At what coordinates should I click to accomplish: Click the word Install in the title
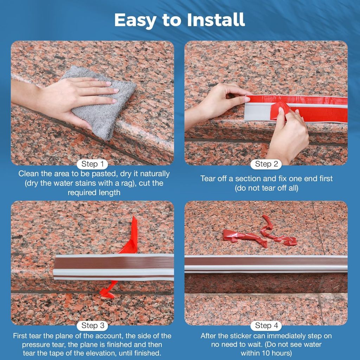(216, 20)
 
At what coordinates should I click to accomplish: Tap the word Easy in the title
(135, 21)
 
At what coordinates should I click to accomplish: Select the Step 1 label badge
(92, 164)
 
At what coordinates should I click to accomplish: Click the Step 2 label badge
(266, 164)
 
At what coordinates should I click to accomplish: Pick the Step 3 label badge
(92, 325)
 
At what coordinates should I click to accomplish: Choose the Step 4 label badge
(266, 325)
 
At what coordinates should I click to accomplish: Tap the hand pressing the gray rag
(66, 96)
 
